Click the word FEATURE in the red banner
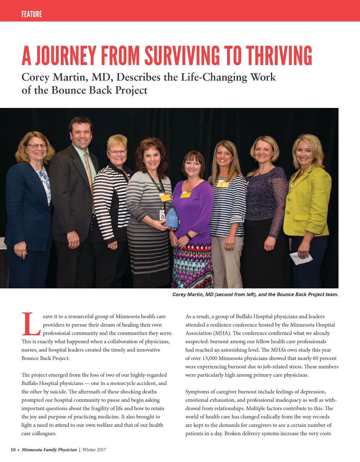[x=32, y=14]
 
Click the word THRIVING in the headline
[x=279, y=56]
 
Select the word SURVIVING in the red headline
[x=182, y=56]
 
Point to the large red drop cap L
[x=31, y=324]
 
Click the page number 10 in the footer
[x=13, y=450]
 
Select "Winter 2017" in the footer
[x=94, y=450]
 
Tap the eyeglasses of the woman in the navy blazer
[x=37, y=146]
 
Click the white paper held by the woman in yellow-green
[x=301, y=258]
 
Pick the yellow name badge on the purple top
[x=186, y=194]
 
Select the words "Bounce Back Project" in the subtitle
[x=99, y=90]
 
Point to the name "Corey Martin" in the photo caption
[x=188, y=295]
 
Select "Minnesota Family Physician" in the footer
[x=49, y=450]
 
